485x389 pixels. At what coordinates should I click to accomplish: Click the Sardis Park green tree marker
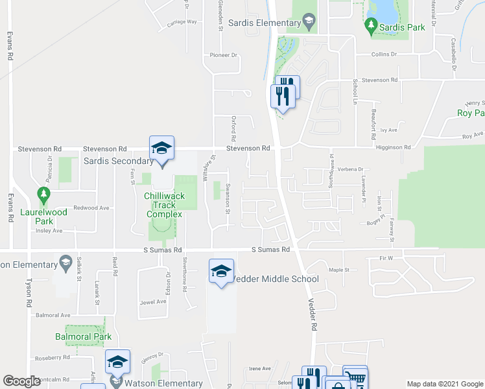[371, 27]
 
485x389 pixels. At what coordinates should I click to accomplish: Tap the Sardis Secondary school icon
[161, 148]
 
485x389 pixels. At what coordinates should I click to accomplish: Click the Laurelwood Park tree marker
[43, 194]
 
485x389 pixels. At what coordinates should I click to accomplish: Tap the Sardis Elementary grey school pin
[309, 23]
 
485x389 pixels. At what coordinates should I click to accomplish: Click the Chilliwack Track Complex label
[164, 205]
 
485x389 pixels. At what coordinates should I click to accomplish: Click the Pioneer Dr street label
[224, 55]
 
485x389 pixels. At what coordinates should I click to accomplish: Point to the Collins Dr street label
[384, 54]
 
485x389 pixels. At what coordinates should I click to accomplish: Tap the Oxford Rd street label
[233, 129]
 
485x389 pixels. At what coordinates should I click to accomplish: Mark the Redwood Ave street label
[91, 207]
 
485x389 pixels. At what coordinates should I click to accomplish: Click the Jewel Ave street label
[153, 301]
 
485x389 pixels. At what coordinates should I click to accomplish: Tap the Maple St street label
[338, 270]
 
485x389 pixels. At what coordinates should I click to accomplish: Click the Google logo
[21, 381]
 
